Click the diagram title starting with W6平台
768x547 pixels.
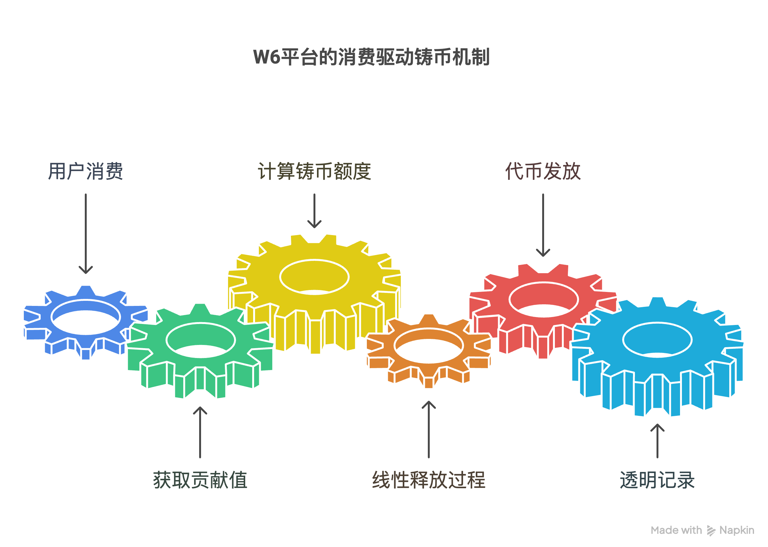point(371,57)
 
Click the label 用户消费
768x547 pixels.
point(85,171)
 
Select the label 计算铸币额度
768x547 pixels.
point(314,171)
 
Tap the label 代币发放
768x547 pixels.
point(543,171)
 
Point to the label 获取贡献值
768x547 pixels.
point(200,480)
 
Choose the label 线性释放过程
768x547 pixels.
point(428,480)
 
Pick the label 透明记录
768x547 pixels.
point(657,480)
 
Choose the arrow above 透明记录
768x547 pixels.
point(657,441)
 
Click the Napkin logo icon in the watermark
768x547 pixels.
point(711,530)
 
